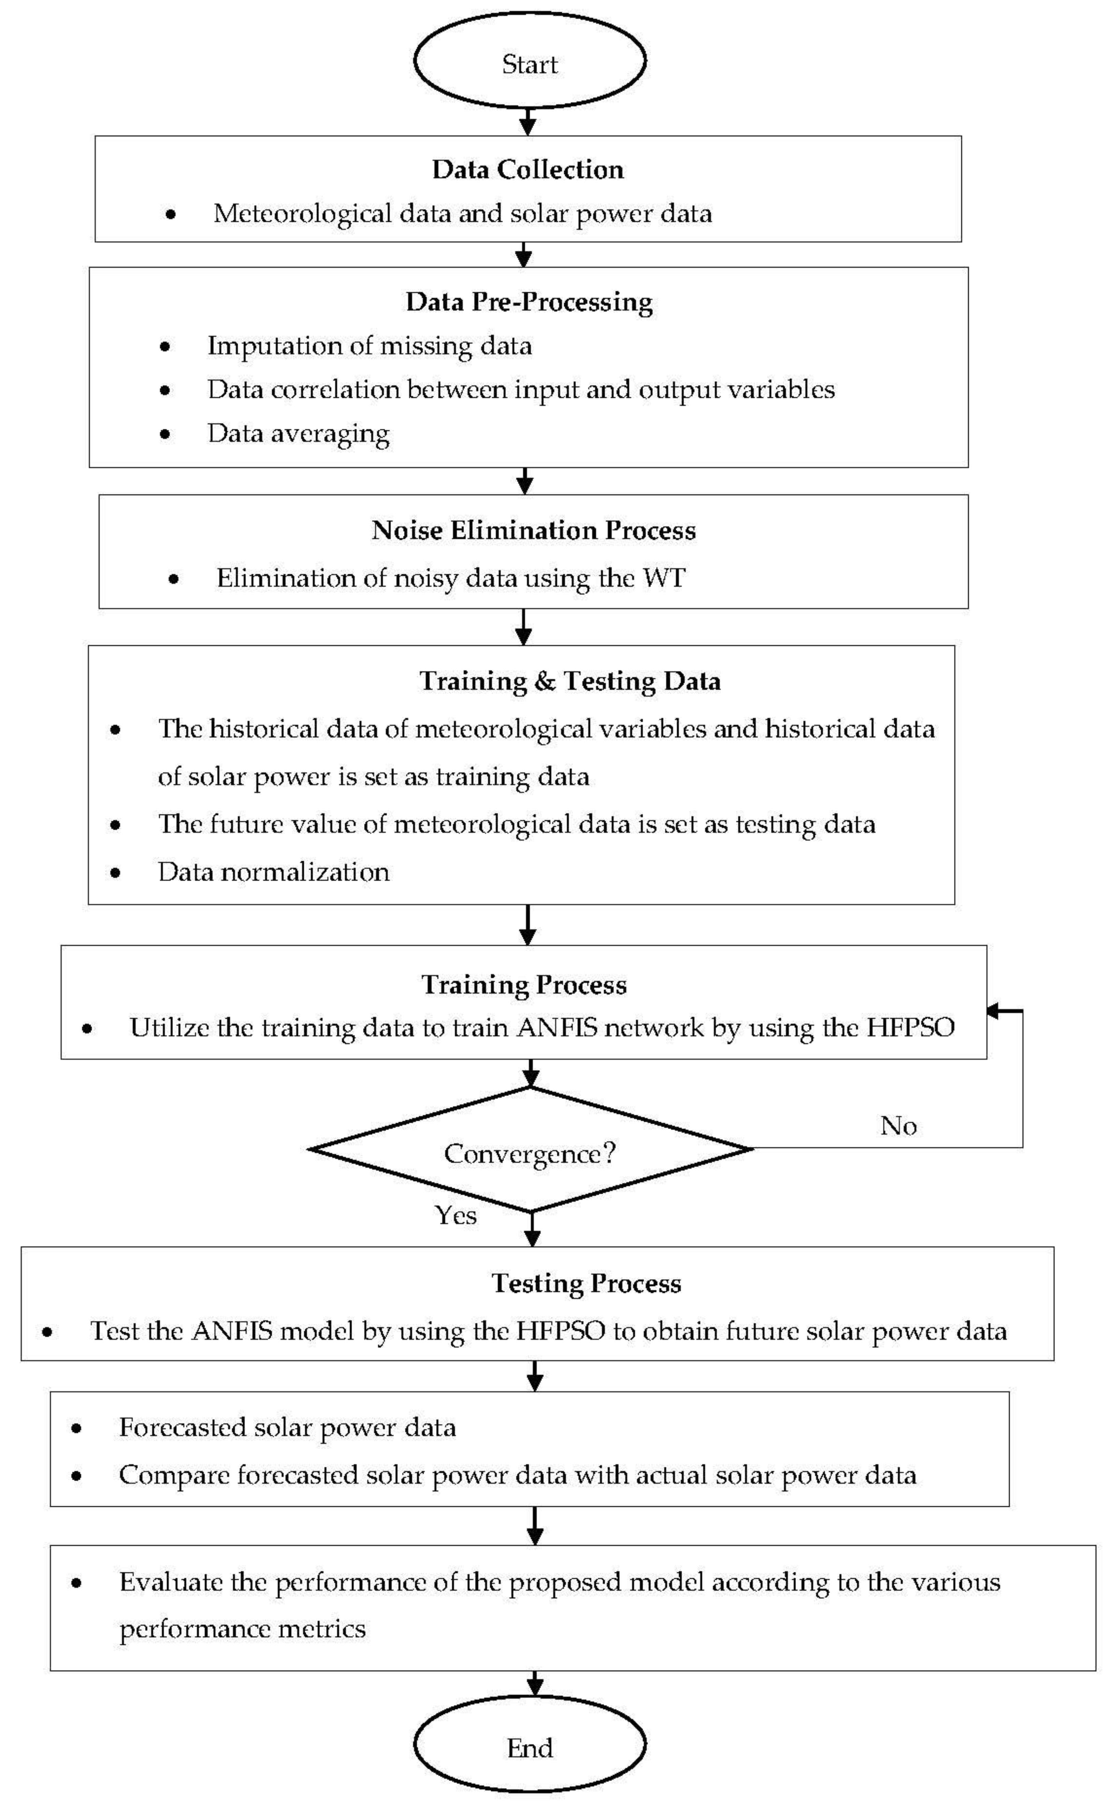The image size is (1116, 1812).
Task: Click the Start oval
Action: pyautogui.click(x=529, y=60)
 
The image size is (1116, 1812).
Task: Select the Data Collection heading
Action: pyautogui.click(x=528, y=170)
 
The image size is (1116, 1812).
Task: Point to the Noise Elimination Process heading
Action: pyautogui.click(x=533, y=530)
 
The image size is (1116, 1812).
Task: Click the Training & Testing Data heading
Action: pyautogui.click(x=570, y=681)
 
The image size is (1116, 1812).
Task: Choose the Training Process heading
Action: pyautogui.click(x=524, y=985)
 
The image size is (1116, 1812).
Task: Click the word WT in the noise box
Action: pyautogui.click(x=664, y=578)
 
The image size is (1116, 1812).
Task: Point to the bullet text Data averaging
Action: pyautogui.click(x=298, y=434)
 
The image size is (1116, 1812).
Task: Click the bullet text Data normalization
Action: pyautogui.click(x=273, y=872)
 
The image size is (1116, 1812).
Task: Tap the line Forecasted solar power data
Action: pyautogui.click(x=287, y=1428)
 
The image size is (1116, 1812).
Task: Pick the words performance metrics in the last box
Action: pyautogui.click(x=242, y=1628)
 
